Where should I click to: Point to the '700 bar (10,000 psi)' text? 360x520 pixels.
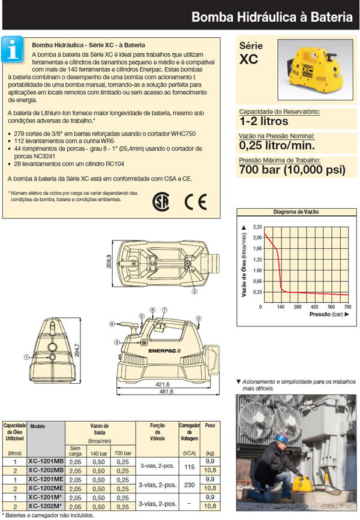coord(292,171)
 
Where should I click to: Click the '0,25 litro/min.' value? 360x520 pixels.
coord(275,145)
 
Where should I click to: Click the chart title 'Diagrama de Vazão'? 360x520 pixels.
coord(295,212)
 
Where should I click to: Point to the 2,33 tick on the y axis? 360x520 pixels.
coord(257,227)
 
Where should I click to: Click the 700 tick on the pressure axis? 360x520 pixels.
coord(347,306)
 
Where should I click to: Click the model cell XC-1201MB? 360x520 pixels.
coord(46,461)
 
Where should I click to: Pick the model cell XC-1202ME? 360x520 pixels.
coord(46,488)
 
